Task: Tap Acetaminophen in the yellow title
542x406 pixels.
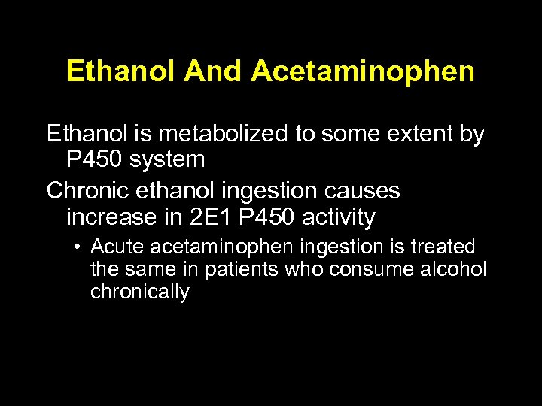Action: click(x=364, y=71)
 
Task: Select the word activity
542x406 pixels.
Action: click(x=338, y=217)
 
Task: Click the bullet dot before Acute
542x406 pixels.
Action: click(x=78, y=247)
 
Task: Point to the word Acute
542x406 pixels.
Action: click(x=117, y=247)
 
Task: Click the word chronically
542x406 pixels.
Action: click(x=140, y=292)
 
